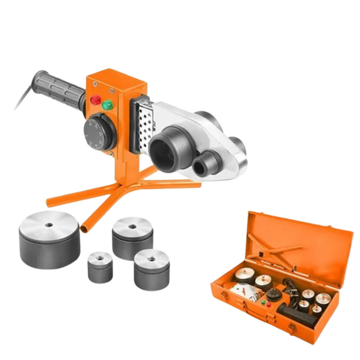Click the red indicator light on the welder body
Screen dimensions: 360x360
point(95,100)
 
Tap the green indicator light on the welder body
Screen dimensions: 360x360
point(108,105)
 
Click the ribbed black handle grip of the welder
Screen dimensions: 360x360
point(61,88)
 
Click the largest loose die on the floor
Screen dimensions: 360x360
point(49,239)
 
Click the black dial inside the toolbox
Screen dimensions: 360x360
point(273,294)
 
